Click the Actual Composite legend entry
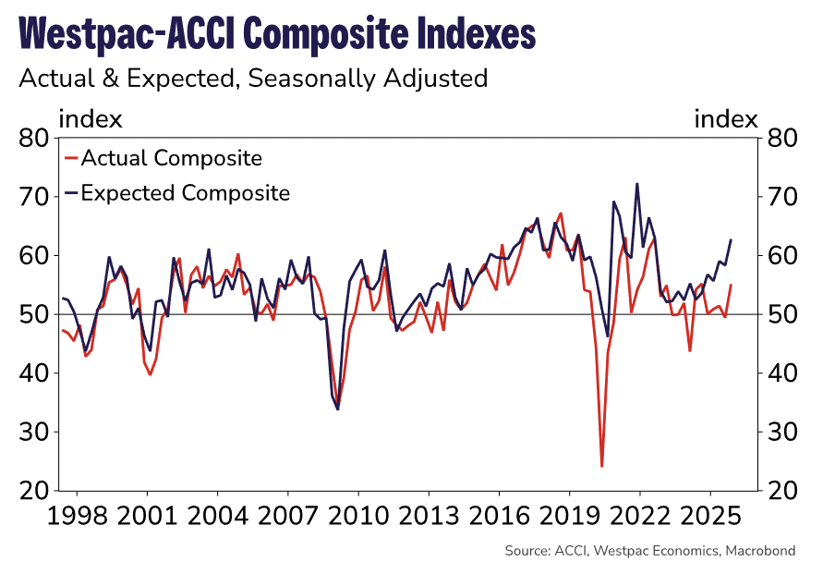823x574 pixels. [171, 158]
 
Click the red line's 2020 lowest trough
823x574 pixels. [602, 467]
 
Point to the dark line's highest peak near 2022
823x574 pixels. [637, 183]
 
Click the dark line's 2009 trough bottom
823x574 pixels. [338, 409]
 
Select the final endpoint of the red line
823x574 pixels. [731, 285]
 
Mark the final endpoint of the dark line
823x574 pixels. [731, 240]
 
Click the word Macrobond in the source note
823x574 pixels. [759, 551]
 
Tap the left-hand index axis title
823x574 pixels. [90, 119]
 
